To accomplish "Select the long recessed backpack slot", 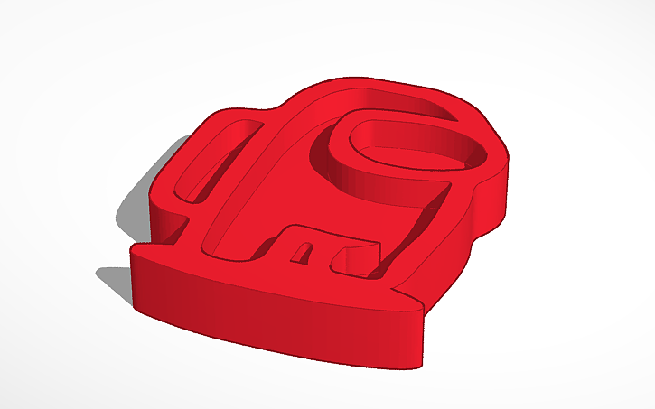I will [x=210, y=158].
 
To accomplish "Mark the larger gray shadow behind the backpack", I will [x=136, y=212].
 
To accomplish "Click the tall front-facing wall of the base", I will [x=271, y=311].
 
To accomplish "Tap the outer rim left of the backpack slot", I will [x=185, y=163].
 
